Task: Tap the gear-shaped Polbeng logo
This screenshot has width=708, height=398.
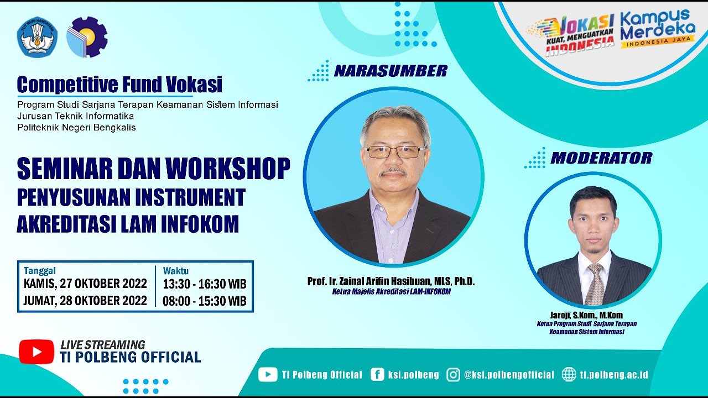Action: [x=87, y=37]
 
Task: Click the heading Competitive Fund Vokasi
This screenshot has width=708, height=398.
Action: [x=119, y=85]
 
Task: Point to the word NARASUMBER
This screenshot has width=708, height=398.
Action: [x=391, y=71]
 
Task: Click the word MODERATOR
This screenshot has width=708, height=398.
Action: [x=601, y=158]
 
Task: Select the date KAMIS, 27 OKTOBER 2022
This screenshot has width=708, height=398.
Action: [x=85, y=284]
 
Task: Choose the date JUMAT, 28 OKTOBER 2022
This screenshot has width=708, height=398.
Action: [x=85, y=301]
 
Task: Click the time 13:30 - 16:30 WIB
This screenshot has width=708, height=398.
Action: [x=204, y=284]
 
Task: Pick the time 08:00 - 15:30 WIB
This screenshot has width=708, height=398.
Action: [x=204, y=301]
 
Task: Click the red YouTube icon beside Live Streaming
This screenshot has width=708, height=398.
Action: [x=37, y=352]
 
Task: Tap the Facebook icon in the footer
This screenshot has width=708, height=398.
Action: [x=378, y=375]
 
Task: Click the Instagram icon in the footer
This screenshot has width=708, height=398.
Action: [x=453, y=375]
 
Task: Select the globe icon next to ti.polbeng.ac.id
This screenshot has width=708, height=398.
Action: [x=569, y=375]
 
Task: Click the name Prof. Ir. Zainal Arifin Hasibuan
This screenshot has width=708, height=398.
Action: [x=391, y=281]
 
